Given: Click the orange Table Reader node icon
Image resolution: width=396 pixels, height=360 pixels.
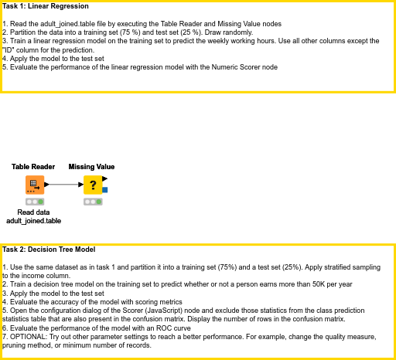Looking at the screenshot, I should [x=34, y=185].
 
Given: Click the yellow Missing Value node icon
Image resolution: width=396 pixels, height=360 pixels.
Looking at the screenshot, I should [x=93, y=185].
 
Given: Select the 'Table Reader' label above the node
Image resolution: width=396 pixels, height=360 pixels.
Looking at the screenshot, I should [x=33, y=166].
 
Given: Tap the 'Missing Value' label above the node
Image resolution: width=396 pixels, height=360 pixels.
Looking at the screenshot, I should [x=91, y=166].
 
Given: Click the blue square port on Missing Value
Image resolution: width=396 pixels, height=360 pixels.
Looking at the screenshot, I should [x=105, y=189].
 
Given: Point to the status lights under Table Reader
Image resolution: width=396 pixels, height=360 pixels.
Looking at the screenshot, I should [x=34, y=201].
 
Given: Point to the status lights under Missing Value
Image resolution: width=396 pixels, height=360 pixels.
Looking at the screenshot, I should [x=93, y=201].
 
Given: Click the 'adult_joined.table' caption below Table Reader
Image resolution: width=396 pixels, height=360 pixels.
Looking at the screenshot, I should [x=33, y=220].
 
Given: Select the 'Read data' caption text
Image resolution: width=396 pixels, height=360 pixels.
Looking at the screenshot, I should [x=33, y=212].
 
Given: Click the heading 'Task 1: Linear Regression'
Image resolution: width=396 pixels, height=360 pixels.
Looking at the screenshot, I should [x=45, y=6].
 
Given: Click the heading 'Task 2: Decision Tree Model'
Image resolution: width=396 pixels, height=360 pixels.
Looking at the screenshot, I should [x=49, y=250].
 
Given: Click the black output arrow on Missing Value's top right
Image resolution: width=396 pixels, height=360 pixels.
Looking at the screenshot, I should [x=105, y=178].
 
